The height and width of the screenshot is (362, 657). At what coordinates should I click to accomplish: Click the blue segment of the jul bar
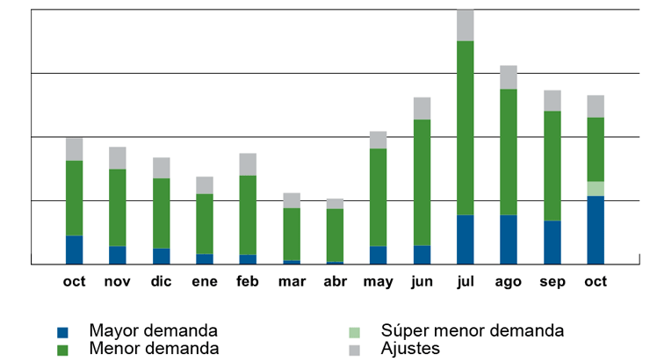[x=465, y=239]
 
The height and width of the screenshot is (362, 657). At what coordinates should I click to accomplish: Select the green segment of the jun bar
[x=422, y=182]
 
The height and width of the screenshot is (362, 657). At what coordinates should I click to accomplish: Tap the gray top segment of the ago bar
[x=509, y=77]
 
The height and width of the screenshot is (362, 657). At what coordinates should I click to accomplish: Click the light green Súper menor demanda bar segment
[x=596, y=189]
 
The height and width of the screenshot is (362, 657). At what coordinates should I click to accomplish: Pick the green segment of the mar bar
[x=292, y=234]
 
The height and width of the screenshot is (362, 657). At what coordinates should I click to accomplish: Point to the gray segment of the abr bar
[x=335, y=204]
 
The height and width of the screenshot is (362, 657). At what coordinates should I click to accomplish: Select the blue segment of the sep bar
[x=552, y=242]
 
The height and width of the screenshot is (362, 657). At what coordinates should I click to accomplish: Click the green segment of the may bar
[x=379, y=197]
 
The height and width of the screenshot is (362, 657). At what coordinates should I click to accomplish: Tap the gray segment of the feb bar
[x=248, y=164]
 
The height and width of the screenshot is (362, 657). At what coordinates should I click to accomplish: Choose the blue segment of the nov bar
[x=118, y=255]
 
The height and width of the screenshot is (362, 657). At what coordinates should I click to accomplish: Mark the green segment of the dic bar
[x=161, y=213]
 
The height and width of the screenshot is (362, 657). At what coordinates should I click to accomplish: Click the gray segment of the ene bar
[x=205, y=185]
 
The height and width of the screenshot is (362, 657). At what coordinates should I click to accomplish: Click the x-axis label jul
[x=465, y=282]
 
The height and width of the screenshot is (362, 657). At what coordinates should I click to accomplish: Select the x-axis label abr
[x=335, y=282]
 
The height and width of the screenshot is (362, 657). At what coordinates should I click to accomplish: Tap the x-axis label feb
[x=248, y=282]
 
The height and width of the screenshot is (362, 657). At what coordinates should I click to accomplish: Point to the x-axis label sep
[x=552, y=282]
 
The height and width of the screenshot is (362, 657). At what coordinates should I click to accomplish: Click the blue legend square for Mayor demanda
[x=62, y=333]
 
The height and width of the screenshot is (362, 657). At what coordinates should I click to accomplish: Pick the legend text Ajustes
[x=410, y=349]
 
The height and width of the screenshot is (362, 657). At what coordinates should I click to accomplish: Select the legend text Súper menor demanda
[x=472, y=331]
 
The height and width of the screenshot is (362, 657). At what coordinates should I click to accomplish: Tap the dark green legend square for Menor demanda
[x=62, y=350]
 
